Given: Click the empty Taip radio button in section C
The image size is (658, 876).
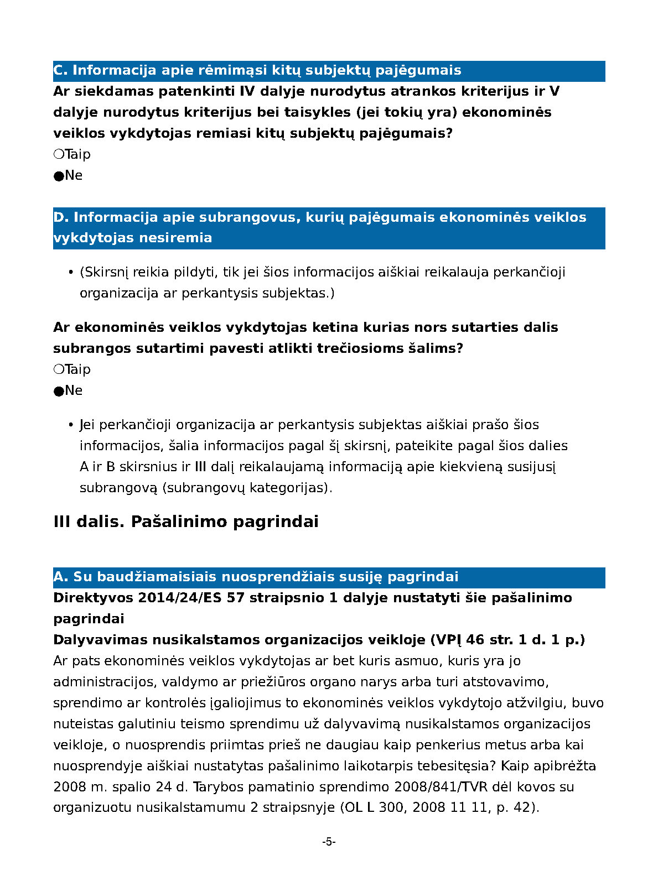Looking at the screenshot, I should click(x=58, y=154).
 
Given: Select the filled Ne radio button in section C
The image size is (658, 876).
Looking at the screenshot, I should click(x=58, y=176).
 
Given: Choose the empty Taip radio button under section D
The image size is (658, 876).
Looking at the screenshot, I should click(x=58, y=369).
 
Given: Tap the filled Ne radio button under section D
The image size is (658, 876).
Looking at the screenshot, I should click(x=58, y=391).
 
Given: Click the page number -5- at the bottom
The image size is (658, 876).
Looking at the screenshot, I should click(x=329, y=842).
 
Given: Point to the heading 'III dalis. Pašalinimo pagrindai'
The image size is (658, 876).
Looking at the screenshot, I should click(x=186, y=522).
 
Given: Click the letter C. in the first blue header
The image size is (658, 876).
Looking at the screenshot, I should click(x=60, y=70).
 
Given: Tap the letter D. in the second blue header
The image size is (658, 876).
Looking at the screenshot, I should click(x=60, y=217).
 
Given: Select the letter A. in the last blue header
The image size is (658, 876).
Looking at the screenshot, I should click(x=60, y=577).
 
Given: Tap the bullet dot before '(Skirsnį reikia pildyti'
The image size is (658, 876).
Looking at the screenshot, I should click(x=71, y=273).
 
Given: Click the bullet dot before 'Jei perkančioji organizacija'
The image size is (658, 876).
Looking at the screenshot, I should click(x=71, y=425).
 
